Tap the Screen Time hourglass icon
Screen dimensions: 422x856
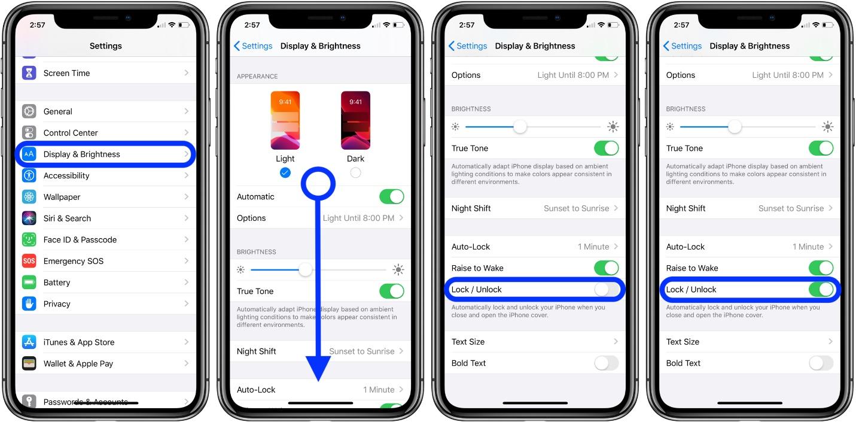coord(29,73)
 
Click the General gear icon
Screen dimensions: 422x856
coord(29,111)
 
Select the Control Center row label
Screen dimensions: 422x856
coord(71,133)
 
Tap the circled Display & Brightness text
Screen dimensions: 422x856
coord(82,154)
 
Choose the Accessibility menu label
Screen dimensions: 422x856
coord(66,176)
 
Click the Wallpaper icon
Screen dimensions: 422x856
coord(29,197)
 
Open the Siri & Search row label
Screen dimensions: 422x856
coord(67,218)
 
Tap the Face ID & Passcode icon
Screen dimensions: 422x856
coord(29,239)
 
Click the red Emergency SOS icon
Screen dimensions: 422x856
coord(29,261)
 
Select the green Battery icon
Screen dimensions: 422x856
coord(29,283)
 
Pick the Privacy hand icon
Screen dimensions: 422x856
coord(29,303)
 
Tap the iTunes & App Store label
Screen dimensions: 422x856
coord(79,342)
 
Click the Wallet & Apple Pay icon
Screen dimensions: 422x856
coord(29,363)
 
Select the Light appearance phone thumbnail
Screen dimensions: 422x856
coord(285,120)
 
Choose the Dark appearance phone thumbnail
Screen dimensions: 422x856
coord(355,120)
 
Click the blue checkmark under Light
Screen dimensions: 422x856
coord(285,172)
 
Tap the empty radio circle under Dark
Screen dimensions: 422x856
coord(355,172)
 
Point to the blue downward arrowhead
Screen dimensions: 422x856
coord(318,366)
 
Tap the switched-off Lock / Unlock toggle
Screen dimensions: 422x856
coord(606,290)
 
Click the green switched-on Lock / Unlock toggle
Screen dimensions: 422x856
coord(821,290)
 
